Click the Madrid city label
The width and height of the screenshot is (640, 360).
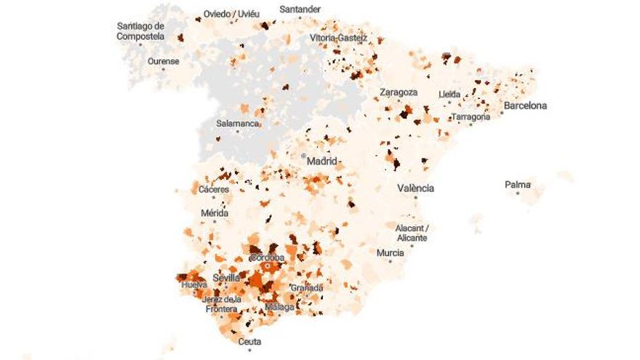(x=322, y=161)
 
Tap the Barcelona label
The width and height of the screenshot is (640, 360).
(x=525, y=105)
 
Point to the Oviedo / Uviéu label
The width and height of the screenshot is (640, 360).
(x=231, y=14)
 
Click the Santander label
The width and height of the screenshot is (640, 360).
(x=300, y=9)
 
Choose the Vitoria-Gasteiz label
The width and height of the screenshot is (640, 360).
(x=339, y=37)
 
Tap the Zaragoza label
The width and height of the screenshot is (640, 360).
(x=399, y=92)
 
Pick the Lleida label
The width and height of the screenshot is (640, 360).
(x=449, y=95)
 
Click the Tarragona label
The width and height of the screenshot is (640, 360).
(x=470, y=116)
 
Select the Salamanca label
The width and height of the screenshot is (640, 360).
(x=237, y=124)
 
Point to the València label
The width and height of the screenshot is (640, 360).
(x=415, y=188)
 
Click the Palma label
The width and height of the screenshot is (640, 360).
(x=518, y=185)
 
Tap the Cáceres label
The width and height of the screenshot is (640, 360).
(x=214, y=190)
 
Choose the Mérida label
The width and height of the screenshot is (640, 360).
(x=215, y=213)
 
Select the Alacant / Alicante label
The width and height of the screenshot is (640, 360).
(x=412, y=233)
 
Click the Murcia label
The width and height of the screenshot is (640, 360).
(x=390, y=253)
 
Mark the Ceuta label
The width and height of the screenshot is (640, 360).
(x=249, y=341)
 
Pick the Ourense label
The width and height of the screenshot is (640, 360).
(x=163, y=61)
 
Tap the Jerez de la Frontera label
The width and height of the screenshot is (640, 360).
(x=222, y=304)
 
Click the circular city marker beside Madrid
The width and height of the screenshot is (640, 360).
(x=303, y=156)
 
